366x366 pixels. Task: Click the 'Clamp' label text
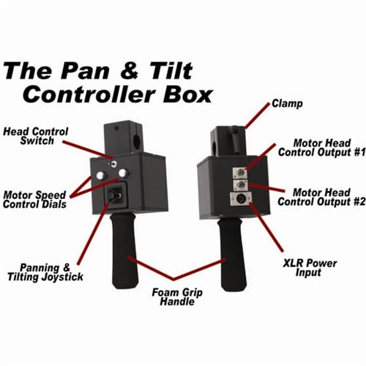point(287,103)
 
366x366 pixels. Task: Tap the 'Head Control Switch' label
point(36,136)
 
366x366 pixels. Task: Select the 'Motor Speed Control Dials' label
point(34,200)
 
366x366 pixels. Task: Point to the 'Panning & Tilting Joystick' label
point(45,272)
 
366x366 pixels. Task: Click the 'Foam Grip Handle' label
point(177,297)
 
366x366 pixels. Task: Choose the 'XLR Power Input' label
point(310,268)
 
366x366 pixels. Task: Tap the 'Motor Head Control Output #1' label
point(322,148)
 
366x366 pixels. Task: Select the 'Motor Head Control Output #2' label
point(321,197)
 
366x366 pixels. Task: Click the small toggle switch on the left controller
point(113,164)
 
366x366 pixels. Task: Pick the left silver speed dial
point(100,175)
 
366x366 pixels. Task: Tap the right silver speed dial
point(124,173)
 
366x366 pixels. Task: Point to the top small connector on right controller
point(240,173)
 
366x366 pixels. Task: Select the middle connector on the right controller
point(241,185)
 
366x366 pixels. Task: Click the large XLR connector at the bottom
point(242,198)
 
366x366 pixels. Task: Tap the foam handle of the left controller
point(124,250)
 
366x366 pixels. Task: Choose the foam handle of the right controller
point(232,254)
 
